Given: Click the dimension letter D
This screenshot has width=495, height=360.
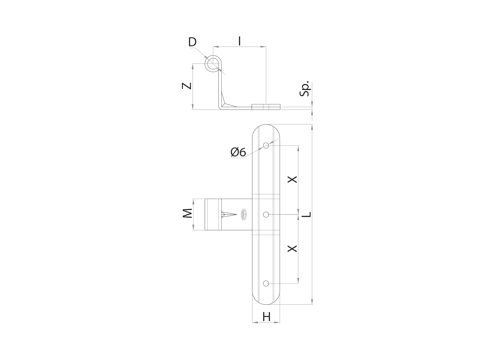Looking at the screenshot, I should click(x=193, y=42).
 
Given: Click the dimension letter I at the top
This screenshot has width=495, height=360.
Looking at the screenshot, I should click(x=240, y=41).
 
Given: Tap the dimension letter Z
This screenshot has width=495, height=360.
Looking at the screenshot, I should click(x=187, y=86).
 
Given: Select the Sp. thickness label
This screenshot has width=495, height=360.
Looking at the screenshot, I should click(x=305, y=88).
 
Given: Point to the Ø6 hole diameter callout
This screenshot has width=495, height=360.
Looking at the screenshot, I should click(x=238, y=152).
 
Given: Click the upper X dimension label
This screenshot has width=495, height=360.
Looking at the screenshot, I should click(x=292, y=179).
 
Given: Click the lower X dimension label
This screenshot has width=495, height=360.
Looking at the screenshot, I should click(x=292, y=248).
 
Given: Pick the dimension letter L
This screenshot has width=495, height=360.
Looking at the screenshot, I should click(x=308, y=214).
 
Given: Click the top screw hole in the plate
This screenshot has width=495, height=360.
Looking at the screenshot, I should click(x=266, y=145).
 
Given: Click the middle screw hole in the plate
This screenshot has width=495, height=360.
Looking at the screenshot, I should click(x=266, y=214).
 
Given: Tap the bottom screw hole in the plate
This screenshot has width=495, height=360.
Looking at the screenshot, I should click(x=266, y=283).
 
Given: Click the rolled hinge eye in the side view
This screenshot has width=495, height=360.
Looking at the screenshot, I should click(x=213, y=64).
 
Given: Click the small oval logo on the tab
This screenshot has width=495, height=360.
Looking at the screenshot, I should click(x=243, y=214).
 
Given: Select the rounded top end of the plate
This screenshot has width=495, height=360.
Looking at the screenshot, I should click(x=266, y=130).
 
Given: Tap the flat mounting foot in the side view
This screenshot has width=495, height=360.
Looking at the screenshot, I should click(x=266, y=107).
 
